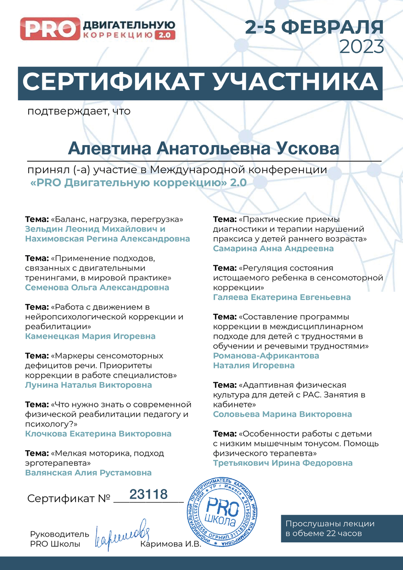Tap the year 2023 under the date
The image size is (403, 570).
(x=362, y=46)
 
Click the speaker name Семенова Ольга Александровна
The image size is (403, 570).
(x=97, y=288)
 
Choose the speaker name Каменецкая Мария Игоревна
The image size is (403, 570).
(x=90, y=336)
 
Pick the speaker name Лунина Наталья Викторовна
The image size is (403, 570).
(x=88, y=385)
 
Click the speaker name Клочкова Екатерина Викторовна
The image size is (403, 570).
(x=98, y=434)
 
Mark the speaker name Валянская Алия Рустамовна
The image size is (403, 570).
(x=88, y=473)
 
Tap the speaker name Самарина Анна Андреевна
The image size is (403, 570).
(x=273, y=248)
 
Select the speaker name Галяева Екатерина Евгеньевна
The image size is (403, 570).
(x=282, y=297)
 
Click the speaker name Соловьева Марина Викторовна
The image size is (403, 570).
(x=282, y=414)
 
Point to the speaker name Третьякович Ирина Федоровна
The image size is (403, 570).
(x=283, y=463)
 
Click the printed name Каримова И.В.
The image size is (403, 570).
(x=171, y=544)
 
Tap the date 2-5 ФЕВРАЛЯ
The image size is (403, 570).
(x=314, y=26)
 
